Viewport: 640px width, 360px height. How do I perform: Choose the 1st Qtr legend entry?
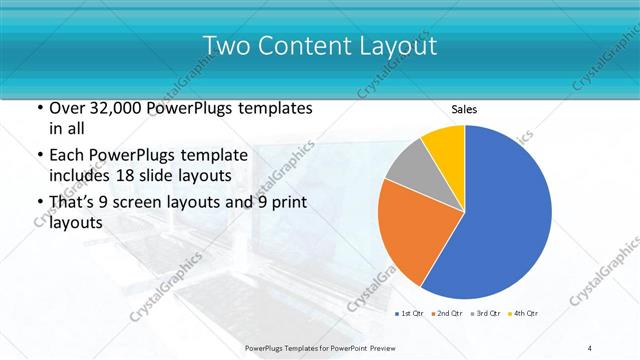click(x=410, y=314)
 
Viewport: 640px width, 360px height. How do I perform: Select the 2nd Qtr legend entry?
click(x=449, y=314)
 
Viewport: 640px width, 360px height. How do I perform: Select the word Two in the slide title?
click(x=227, y=45)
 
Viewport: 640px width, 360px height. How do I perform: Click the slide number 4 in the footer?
click(x=590, y=347)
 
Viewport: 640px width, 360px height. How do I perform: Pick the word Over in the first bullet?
click(x=67, y=108)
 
